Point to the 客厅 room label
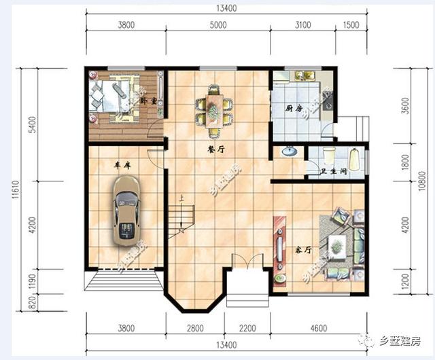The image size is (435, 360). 302,250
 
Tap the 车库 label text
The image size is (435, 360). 122,164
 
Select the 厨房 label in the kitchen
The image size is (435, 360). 294,108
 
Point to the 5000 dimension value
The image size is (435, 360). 217,26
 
